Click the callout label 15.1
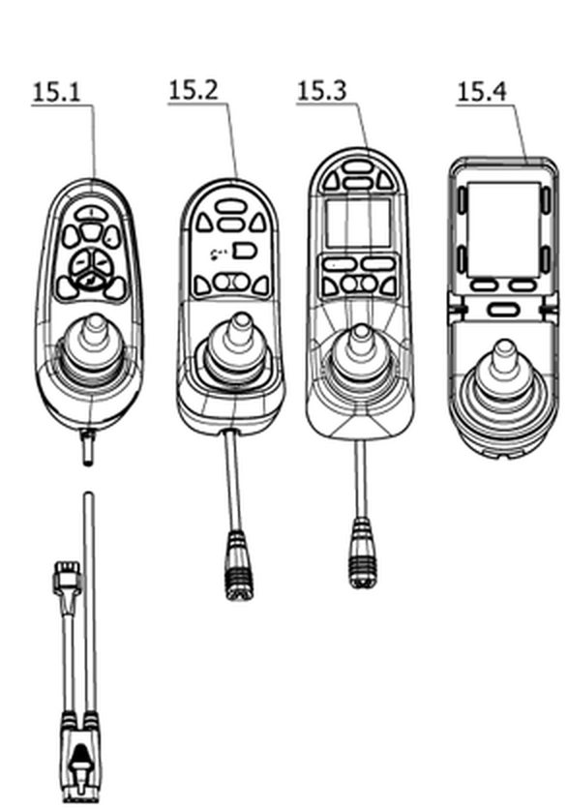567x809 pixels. tap(57, 92)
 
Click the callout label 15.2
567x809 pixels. tap(194, 90)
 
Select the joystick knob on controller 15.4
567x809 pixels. tap(504, 352)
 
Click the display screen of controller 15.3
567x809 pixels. tap(358, 223)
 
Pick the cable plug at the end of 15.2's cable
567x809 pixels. tap(238, 564)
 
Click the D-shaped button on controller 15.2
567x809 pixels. tap(245, 251)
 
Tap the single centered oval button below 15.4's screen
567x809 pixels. tap(502, 310)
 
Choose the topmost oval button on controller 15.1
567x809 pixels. tap(91, 212)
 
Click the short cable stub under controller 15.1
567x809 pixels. tap(88, 447)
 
